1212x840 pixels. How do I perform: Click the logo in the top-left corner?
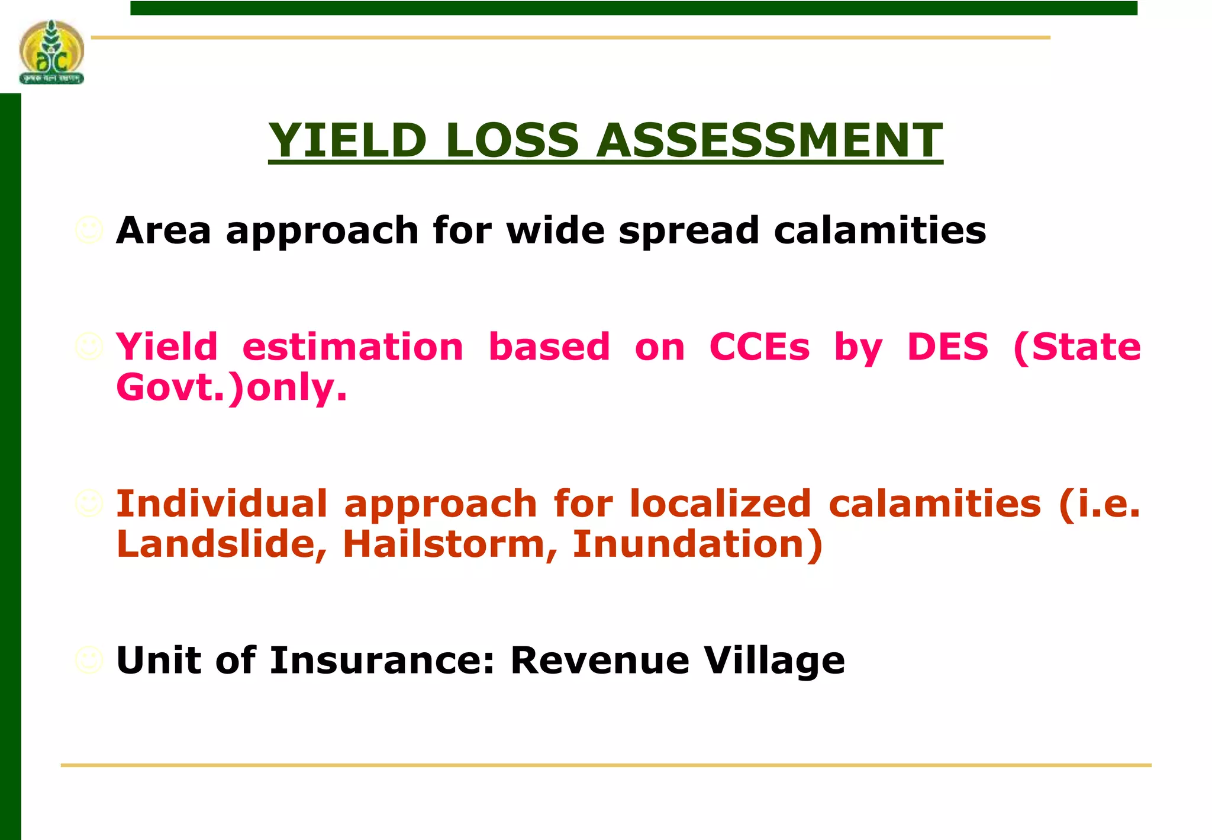tap(51, 52)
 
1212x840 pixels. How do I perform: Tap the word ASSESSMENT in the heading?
tap(769, 140)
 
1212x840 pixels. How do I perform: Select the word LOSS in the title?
tap(511, 140)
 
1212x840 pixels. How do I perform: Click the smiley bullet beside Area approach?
tap(89, 230)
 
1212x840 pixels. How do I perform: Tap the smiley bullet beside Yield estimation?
tap(89, 347)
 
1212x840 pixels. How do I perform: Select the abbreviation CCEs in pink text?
tap(759, 347)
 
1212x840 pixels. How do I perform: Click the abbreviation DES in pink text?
tap(947, 347)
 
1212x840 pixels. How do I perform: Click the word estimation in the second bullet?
tap(353, 347)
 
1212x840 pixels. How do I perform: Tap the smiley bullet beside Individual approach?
tap(89, 504)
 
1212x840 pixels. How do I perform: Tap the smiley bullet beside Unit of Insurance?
tap(89, 660)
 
